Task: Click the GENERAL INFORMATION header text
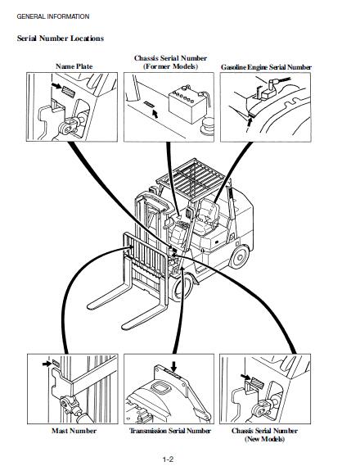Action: coord(53,16)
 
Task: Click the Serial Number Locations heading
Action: coord(60,38)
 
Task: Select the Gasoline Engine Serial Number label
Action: coord(266,67)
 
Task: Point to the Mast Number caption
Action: coord(74,430)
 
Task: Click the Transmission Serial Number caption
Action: coord(170,430)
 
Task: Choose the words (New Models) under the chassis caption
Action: coord(265,440)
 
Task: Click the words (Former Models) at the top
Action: coord(170,66)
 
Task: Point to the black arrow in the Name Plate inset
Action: coord(56,84)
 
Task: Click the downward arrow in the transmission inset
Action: coord(173,365)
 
